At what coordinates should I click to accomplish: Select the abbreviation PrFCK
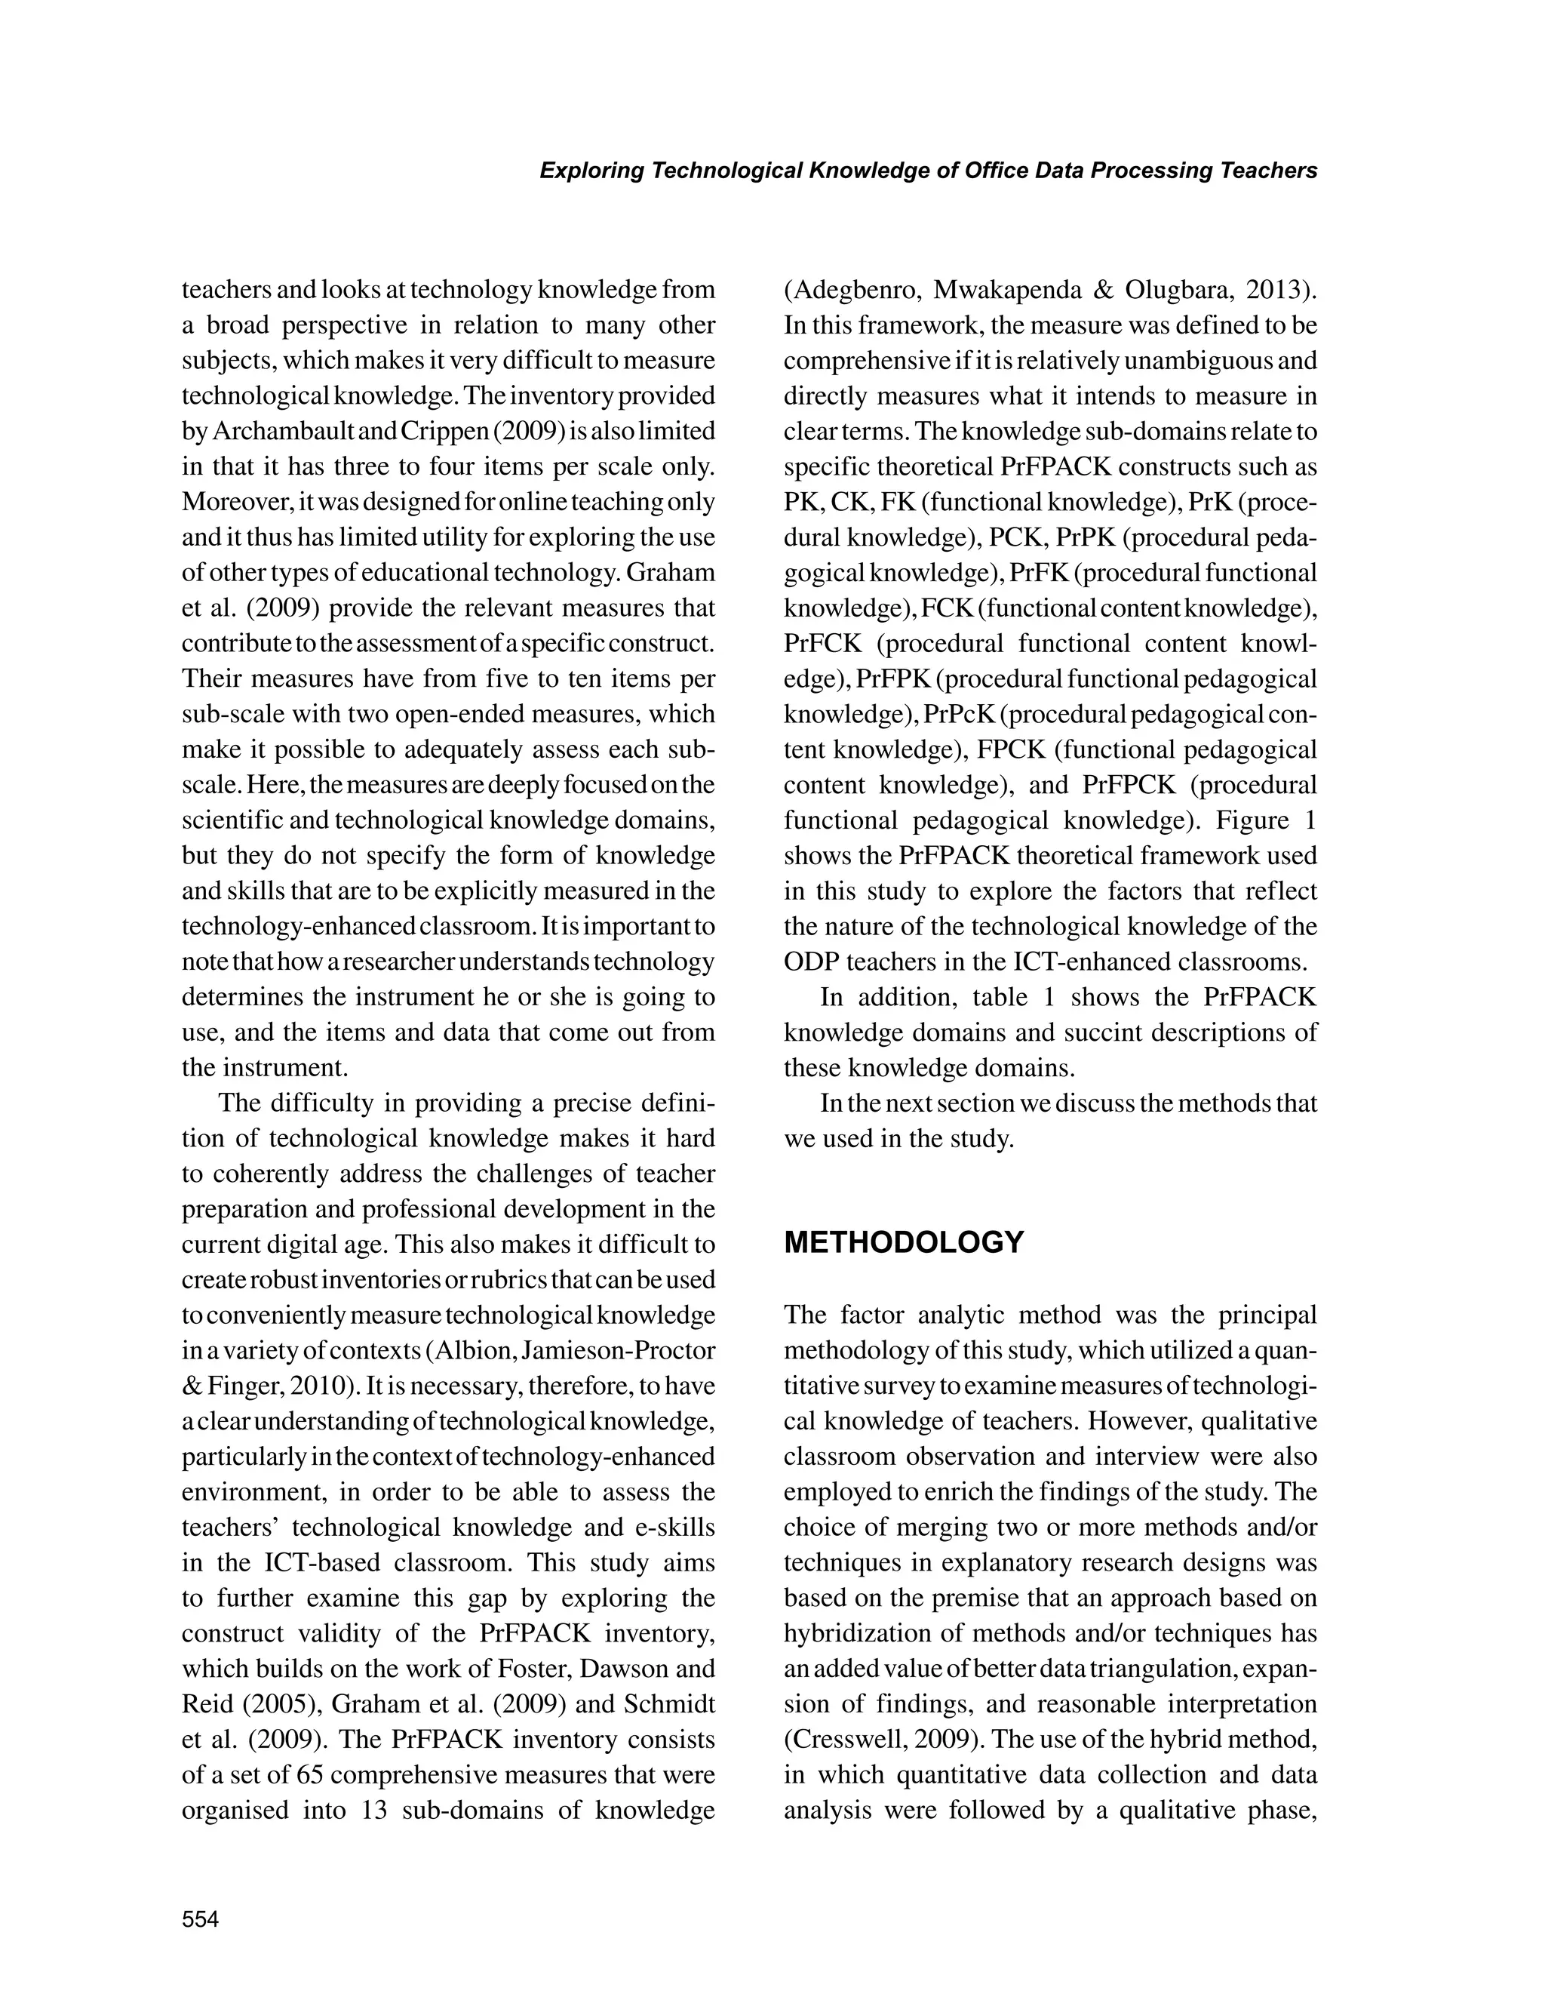coord(822,644)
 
